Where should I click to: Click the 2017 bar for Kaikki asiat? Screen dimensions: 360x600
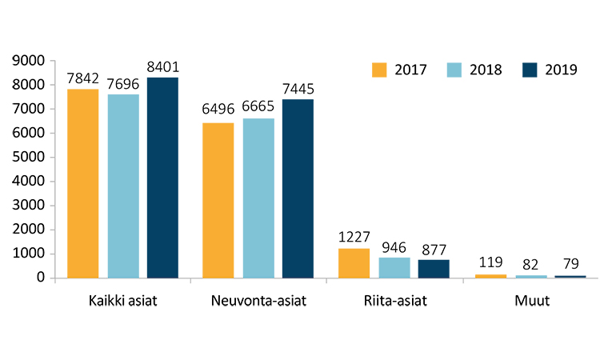(82, 183)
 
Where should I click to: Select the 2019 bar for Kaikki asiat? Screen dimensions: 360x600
(162, 178)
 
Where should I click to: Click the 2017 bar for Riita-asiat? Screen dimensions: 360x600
(354, 263)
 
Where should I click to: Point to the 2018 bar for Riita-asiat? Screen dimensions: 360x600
(394, 267)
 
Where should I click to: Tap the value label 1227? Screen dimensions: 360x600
(354, 237)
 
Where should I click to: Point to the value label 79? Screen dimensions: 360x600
(570, 264)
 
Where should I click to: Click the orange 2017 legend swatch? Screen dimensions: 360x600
(379, 69)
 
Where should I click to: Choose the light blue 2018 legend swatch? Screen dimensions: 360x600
(454, 69)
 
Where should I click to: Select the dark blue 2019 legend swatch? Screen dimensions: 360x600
(529, 69)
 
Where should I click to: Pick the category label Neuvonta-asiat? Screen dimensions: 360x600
(258, 302)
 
